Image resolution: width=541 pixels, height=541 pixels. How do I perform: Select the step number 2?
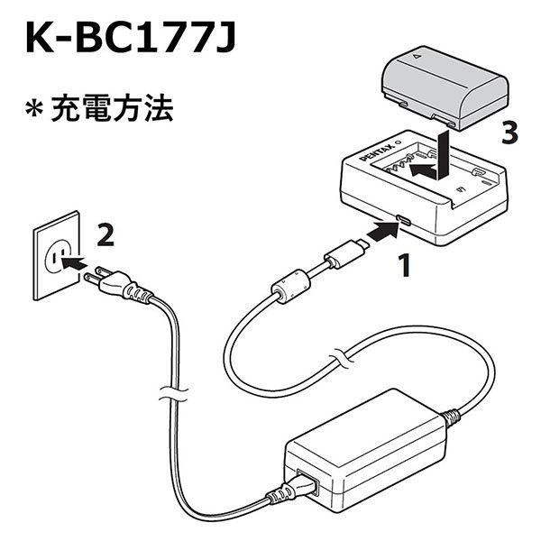tap(105, 235)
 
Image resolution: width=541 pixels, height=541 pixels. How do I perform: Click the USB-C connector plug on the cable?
tap(346, 253)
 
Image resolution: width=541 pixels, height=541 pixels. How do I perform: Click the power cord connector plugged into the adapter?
tap(303, 486)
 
